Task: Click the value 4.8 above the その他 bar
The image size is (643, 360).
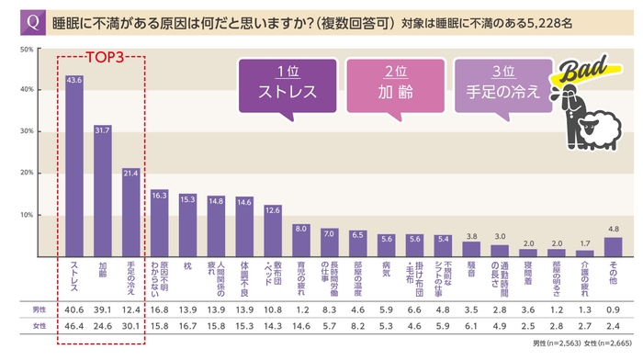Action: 613,230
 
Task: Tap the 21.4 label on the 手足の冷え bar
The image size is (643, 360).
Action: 130,172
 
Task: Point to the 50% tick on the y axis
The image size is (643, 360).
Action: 28,48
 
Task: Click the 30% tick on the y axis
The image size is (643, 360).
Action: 28,131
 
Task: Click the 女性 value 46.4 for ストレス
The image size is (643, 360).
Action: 74,327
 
